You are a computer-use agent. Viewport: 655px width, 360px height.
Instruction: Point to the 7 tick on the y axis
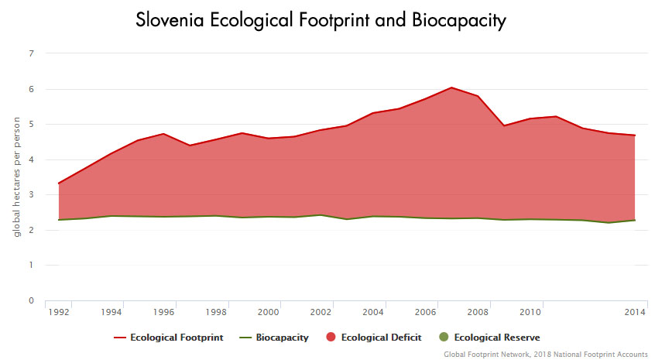32,53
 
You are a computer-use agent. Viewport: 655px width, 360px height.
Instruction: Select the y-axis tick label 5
32,124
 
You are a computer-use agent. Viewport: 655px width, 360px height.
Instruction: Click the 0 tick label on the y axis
32,300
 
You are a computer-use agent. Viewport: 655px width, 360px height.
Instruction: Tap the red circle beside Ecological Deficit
330,338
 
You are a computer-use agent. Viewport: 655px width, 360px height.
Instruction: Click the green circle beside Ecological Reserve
443,338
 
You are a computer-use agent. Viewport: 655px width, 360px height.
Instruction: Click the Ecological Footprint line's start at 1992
59,183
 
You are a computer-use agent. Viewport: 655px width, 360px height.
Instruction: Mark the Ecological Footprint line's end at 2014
635,135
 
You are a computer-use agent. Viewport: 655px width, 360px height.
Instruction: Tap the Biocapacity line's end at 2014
635,220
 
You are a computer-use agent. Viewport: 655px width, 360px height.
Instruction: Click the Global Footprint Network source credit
545,353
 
